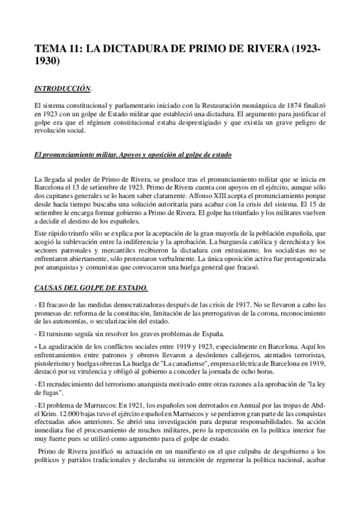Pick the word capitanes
(59, 195)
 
